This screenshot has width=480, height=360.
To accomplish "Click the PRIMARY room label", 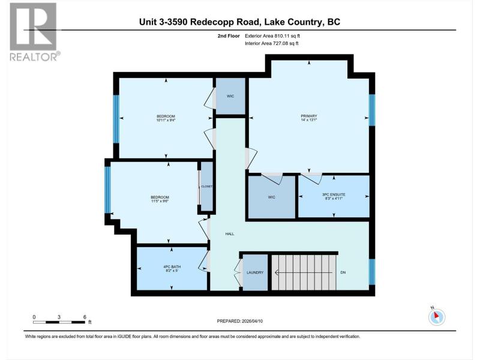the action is point(308,116).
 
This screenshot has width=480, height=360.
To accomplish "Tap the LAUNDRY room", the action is point(255,272).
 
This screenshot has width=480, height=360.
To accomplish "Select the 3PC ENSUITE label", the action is point(334,194).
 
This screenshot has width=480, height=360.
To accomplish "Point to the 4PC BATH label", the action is point(172,266).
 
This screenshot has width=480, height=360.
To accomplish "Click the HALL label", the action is point(230,234).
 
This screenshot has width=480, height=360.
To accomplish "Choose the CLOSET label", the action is point(206,187).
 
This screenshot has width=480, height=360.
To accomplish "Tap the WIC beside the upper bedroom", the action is point(230,96).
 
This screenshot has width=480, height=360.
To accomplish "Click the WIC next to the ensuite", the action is point(272,197).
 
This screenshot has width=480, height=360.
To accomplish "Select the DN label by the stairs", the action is point(343,272).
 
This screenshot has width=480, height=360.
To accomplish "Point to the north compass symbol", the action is point(437,317).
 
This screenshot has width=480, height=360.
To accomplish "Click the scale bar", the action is point(59,322).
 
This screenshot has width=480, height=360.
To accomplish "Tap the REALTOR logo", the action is point(34,32).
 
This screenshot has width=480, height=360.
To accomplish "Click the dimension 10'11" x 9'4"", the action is point(166,121).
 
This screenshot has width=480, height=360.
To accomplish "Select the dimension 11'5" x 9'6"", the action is point(160,201).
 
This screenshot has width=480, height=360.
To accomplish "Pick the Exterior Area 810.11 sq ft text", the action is point(272,36).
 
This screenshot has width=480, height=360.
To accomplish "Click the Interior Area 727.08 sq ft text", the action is point(272,43).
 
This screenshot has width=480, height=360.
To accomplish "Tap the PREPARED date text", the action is point(239,321).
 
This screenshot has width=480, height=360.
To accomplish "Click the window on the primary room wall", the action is point(371,110).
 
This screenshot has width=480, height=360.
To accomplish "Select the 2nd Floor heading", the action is point(229,36).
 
